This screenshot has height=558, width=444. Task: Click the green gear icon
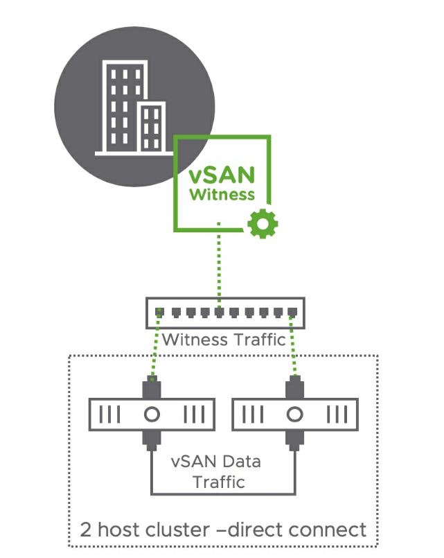tap(263, 223)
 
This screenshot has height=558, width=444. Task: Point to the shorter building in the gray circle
tap(152, 126)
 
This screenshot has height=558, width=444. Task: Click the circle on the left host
tap(152, 415)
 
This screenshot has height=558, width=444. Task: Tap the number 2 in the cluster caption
tap(86, 530)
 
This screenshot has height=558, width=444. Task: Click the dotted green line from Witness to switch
tap(219, 267)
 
